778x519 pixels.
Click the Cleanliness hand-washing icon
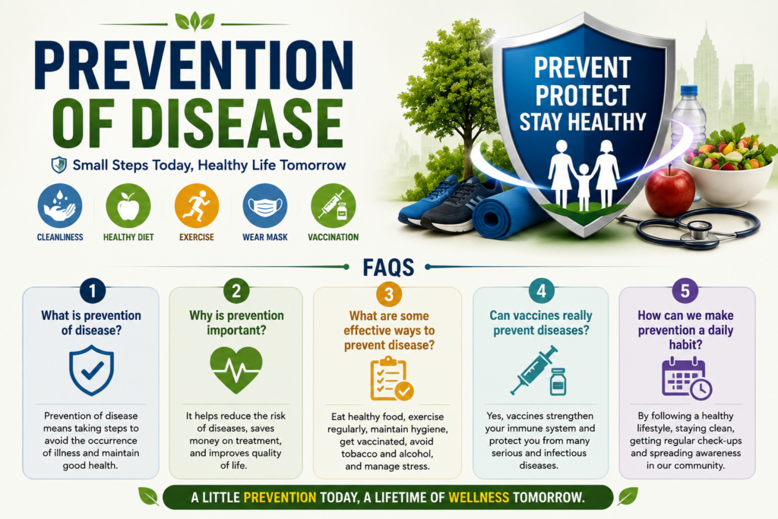click(x=60, y=206)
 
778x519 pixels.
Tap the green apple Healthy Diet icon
click(x=128, y=206)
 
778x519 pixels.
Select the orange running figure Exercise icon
click(x=197, y=206)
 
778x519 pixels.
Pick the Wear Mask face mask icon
click(x=265, y=206)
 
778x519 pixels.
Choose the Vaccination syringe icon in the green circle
click(x=334, y=206)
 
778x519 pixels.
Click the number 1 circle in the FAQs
click(x=92, y=290)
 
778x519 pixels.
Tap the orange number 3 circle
click(x=389, y=294)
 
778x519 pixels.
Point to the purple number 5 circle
click(x=685, y=291)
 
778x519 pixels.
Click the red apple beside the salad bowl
click(x=669, y=191)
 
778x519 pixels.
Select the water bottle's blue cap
click(x=689, y=90)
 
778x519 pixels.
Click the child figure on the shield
click(x=583, y=187)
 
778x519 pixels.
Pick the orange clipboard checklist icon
click(x=391, y=379)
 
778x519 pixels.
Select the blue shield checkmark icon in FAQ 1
click(x=92, y=371)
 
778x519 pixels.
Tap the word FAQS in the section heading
click(x=388, y=267)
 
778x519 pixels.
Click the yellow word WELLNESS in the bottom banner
click(x=479, y=497)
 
